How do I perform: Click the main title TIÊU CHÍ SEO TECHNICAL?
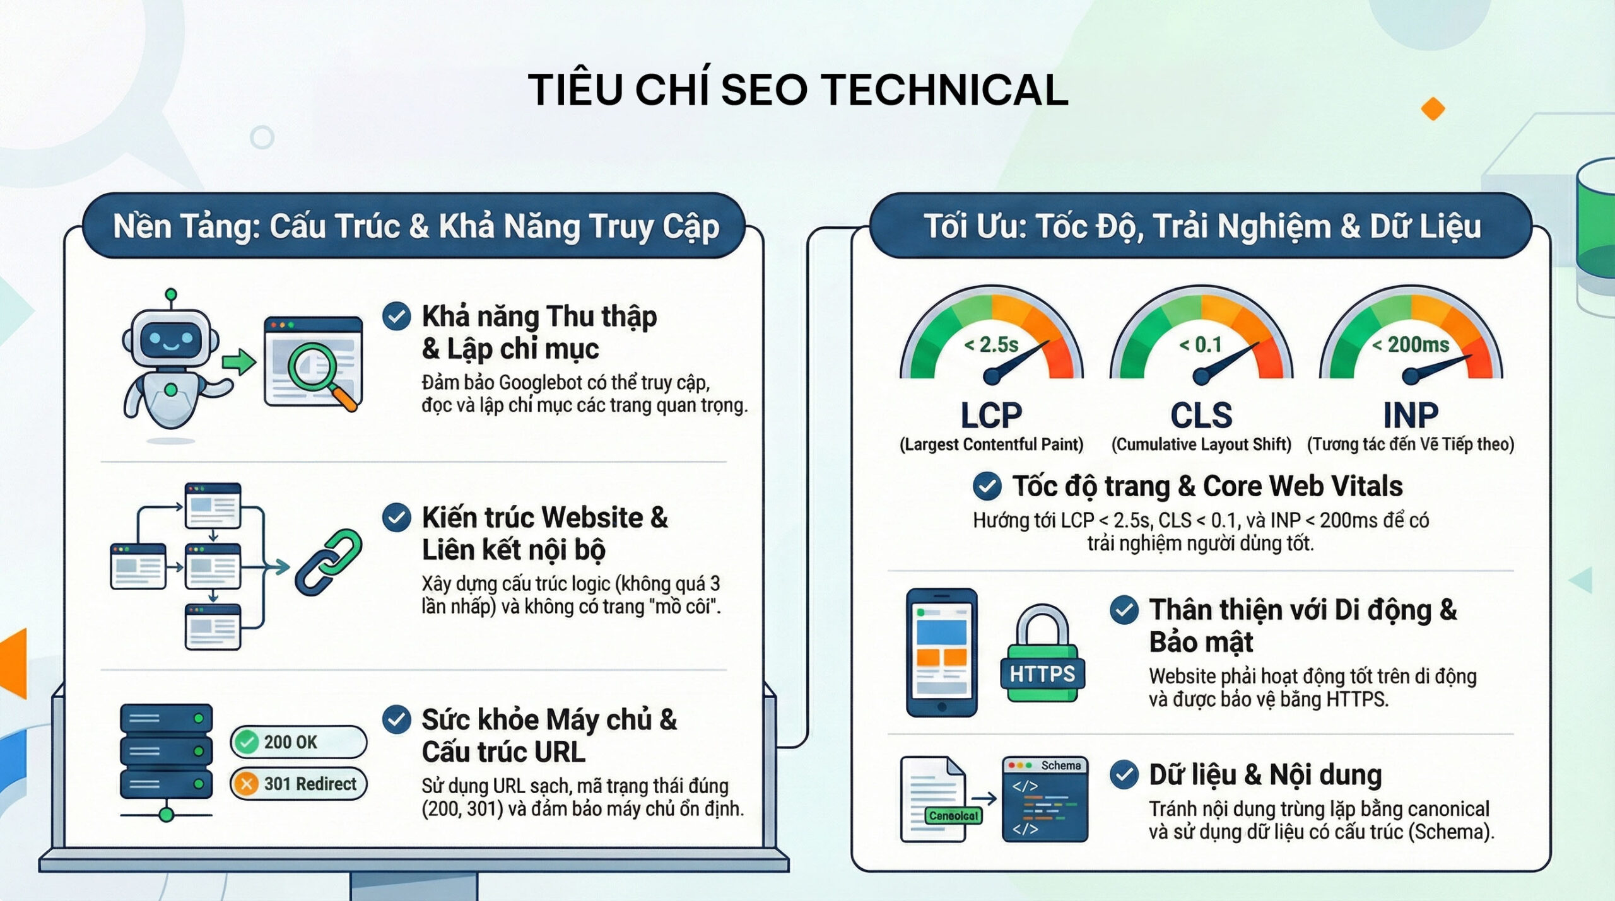[798, 90]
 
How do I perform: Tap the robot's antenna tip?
[170, 294]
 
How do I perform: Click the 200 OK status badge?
[298, 741]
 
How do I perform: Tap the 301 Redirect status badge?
[298, 784]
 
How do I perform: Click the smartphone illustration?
[942, 653]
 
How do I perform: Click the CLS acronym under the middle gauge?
[1201, 416]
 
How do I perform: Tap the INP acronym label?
[1411, 416]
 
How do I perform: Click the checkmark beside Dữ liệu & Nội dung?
[1124, 775]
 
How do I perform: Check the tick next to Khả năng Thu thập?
[397, 316]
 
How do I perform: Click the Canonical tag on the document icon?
[953, 815]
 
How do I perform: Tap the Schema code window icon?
[1045, 799]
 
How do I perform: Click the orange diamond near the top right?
[1433, 108]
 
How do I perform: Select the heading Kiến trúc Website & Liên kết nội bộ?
[545, 533]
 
